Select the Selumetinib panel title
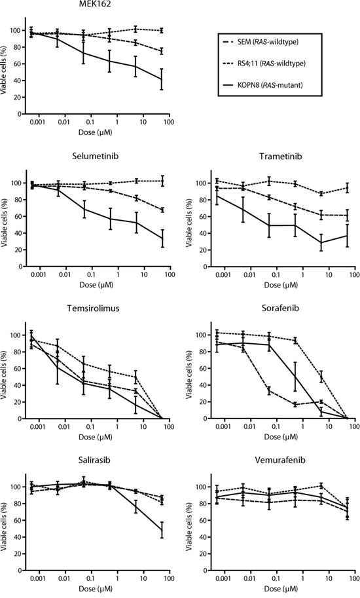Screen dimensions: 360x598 click(96, 156)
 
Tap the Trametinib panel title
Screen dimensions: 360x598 click(280, 156)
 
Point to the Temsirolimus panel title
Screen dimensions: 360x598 click(93, 308)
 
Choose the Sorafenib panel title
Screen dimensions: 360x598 click(280, 308)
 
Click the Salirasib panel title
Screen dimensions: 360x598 click(96, 460)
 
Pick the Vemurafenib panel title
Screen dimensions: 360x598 click(280, 460)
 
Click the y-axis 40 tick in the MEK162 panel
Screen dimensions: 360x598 click(17, 81)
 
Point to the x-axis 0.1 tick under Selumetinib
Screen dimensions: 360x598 click(92, 274)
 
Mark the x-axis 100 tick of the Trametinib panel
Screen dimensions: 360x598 click(355, 274)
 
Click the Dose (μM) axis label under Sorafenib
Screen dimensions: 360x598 click(281, 437)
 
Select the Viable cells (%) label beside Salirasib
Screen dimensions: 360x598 click(4, 530)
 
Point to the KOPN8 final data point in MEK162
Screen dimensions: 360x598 click(162, 79)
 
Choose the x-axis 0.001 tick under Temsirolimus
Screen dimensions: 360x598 click(37, 426)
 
